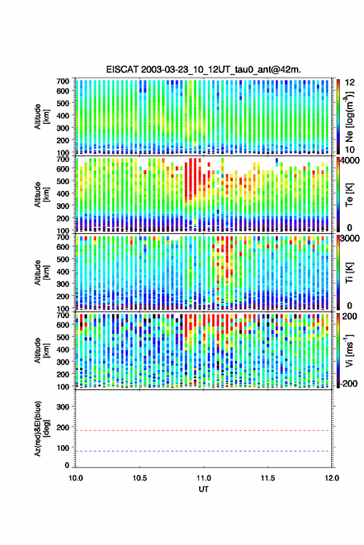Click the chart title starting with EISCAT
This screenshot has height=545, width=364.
pyautogui.click(x=203, y=69)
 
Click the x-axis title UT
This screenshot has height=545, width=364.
pyautogui.click(x=203, y=489)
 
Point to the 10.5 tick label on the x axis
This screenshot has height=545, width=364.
pyautogui.click(x=140, y=478)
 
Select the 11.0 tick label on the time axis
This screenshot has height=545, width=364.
pyautogui.click(x=203, y=478)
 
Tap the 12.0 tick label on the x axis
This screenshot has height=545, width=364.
pyautogui.click(x=331, y=478)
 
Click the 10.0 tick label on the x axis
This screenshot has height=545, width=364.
pyautogui.click(x=76, y=478)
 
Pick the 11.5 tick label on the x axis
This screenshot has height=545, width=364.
pyautogui.click(x=267, y=478)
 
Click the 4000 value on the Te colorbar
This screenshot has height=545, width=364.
pyautogui.click(x=350, y=161)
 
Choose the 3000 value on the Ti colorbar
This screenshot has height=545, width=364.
pyautogui.click(x=350, y=239)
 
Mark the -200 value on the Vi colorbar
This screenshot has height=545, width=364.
pyautogui.click(x=348, y=383)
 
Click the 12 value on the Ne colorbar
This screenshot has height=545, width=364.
pyautogui.click(x=350, y=82)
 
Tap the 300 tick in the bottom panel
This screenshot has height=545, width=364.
pyautogui.click(x=63, y=407)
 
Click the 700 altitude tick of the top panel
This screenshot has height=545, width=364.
pyautogui.click(x=63, y=81)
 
